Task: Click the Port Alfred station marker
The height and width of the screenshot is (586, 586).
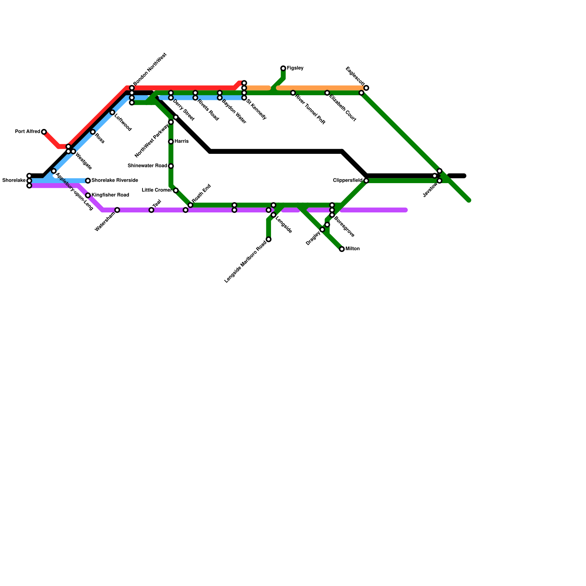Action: point(44,132)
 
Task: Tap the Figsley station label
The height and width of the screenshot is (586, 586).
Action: point(295,68)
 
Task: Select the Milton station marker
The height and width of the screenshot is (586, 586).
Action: point(342,249)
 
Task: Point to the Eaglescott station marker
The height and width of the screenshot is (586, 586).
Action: point(366,88)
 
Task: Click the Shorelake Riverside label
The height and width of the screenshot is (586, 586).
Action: point(115,180)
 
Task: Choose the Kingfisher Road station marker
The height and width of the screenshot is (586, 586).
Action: point(88,195)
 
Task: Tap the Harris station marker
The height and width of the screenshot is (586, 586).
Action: point(171,141)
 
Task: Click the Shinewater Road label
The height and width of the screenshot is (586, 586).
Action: point(147,166)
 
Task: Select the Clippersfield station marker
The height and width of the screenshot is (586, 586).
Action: point(366,181)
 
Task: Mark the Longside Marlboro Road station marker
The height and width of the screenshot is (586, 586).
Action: point(268,240)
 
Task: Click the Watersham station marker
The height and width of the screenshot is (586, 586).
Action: point(117,210)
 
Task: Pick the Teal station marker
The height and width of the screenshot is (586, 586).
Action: point(151,210)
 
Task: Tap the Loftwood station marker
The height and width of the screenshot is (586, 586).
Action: point(112,112)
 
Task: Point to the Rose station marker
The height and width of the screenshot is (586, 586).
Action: point(93,132)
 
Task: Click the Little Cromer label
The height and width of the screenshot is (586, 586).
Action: point(157,190)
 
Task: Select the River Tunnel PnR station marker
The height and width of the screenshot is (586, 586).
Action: point(293,93)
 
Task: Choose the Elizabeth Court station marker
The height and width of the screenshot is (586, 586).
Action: point(327,93)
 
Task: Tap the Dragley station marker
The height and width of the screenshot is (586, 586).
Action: point(322,230)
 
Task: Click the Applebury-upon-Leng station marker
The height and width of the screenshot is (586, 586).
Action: point(54,171)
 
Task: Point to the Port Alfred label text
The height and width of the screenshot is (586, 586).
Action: point(27,131)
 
